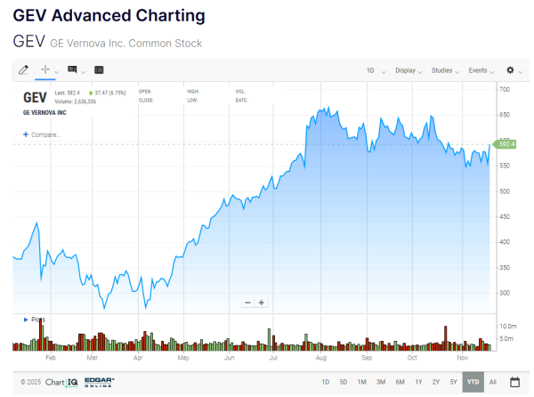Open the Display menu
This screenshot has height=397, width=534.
pos(408,69)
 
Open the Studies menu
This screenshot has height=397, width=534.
pos(443,69)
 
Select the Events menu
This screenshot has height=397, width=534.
pos(480,69)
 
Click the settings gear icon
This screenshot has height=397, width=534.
pos(511,69)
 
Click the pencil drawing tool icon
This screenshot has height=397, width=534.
pos(24,69)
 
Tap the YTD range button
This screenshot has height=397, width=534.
pos(473,382)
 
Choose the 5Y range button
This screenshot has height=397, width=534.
pos(454,382)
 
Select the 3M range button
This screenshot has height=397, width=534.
pos(380,382)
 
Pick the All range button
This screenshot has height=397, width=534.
pos(492,382)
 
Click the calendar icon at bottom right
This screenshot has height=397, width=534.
pos(514,382)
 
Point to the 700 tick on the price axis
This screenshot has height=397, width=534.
pos(505,90)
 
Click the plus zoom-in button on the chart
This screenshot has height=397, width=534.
pos(262,303)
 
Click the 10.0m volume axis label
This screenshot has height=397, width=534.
pos(509,327)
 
